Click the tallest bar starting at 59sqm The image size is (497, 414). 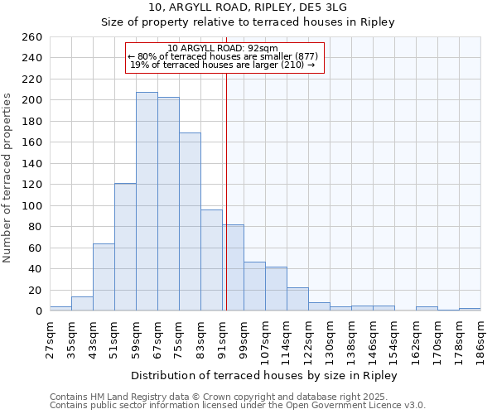pos(147,201)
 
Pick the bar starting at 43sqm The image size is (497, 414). pos(104,277)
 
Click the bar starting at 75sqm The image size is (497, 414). pos(190,221)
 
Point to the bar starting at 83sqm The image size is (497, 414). pos(211,260)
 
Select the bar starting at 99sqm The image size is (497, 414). pos(254,286)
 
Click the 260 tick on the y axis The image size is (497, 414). pos(33,37)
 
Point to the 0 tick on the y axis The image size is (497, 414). pos(38,311)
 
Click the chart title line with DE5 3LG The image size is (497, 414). pos(248,7)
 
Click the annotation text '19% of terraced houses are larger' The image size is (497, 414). pos(223,64)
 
